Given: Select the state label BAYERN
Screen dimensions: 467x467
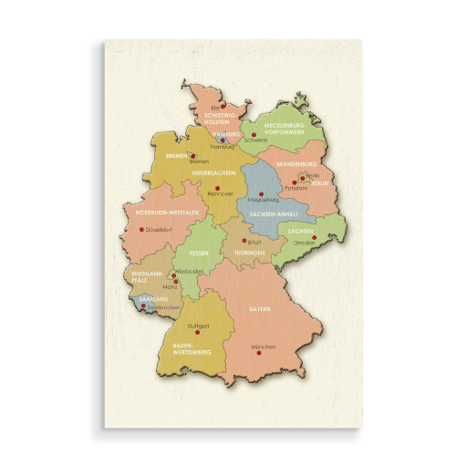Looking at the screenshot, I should (260, 310).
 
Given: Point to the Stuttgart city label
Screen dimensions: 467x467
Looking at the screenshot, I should (198, 326).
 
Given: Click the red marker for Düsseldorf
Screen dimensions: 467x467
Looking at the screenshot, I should (141, 229).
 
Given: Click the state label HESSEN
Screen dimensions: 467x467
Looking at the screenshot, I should (199, 252).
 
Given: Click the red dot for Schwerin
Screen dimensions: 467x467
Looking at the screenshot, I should (254, 135).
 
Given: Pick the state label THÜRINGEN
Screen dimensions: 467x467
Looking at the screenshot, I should (249, 252).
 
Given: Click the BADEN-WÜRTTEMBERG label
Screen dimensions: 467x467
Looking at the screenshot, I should (192, 349).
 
